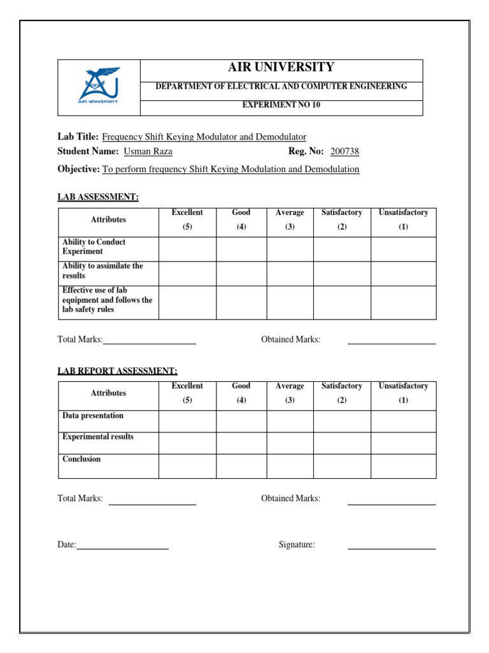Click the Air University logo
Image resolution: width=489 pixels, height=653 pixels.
(x=98, y=87)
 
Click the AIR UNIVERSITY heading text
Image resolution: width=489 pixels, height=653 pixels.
(x=281, y=68)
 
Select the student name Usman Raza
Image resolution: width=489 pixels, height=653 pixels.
(x=148, y=151)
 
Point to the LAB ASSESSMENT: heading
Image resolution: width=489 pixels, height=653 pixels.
(x=98, y=197)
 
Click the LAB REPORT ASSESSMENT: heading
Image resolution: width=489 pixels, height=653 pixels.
(x=118, y=371)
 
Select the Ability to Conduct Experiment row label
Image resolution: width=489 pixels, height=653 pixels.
(x=94, y=247)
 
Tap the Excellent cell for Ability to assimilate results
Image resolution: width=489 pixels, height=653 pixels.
(x=187, y=274)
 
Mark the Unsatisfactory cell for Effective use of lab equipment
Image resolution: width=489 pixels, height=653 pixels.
(x=403, y=302)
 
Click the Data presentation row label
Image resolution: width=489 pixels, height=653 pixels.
(x=93, y=416)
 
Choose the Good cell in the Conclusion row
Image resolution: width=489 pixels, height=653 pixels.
(x=241, y=466)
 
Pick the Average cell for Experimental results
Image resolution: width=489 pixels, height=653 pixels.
(x=290, y=443)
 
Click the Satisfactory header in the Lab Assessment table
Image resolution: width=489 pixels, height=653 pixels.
(x=342, y=219)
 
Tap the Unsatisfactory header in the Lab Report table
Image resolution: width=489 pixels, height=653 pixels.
(x=403, y=393)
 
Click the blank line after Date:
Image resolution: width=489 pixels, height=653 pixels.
(x=122, y=547)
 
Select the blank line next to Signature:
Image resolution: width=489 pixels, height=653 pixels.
(x=391, y=547)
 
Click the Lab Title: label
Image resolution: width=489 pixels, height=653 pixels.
(x=78, y=136)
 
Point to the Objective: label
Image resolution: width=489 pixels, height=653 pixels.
(x=78, y=169)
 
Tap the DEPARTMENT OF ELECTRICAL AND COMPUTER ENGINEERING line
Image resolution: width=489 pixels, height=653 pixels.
(x=281, y=86)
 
